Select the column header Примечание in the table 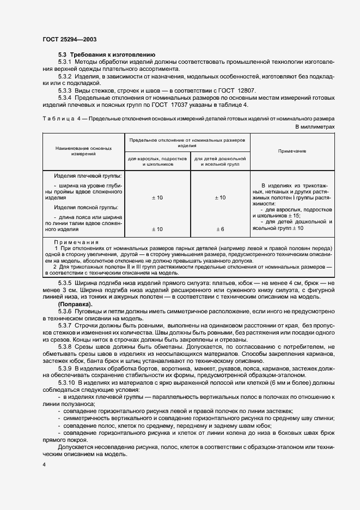tap(292, 150)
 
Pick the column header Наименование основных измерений tap(84, 151)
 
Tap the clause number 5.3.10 tap(68, 383)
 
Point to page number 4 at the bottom tap(44, 465)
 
